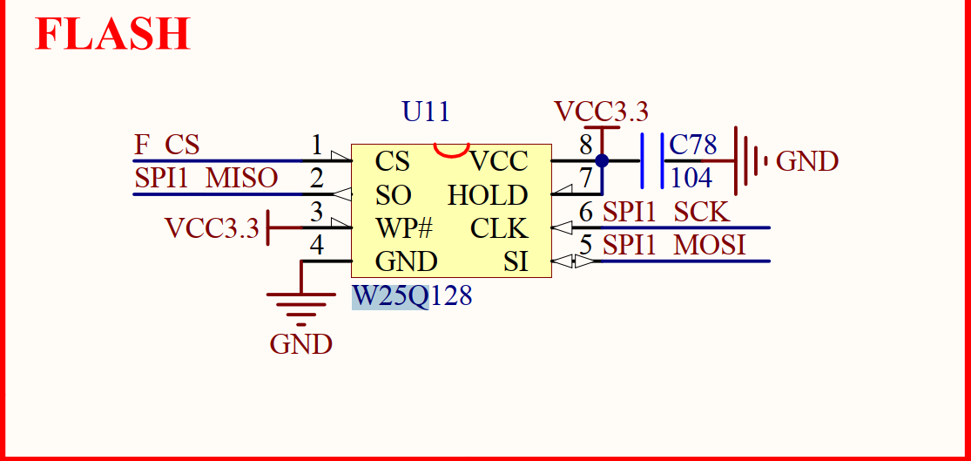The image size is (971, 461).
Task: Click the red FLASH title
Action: pos(112,34)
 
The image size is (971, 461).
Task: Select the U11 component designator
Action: pos(426,112)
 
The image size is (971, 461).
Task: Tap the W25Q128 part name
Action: pos(412,296)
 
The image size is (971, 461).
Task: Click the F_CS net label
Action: pos(166,145)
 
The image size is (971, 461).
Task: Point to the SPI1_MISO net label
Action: pos(206,179)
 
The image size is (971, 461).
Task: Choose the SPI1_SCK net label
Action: pos(666,212)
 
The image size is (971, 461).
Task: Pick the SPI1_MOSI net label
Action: pos(674,246)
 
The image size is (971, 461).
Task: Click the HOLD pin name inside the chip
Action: pos(488,195)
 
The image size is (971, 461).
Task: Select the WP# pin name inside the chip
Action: pos(404,228)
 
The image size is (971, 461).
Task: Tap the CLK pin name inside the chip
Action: pos(499,228)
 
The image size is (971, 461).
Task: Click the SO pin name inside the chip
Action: pos(393,195)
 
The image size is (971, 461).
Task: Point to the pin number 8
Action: pos(586,144)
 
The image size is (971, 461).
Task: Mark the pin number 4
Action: pos(317,246)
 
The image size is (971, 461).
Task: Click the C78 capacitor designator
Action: pos(692,145)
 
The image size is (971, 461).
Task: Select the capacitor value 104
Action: pos(691,178)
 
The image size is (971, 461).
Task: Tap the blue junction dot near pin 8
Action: pos(602,161)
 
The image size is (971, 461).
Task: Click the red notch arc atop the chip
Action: pos(452,151)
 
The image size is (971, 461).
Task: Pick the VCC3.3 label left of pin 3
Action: pos(212,228)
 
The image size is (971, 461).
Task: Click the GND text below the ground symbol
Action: pos(300,344)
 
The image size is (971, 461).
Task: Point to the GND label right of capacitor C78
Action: pos(806,162)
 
